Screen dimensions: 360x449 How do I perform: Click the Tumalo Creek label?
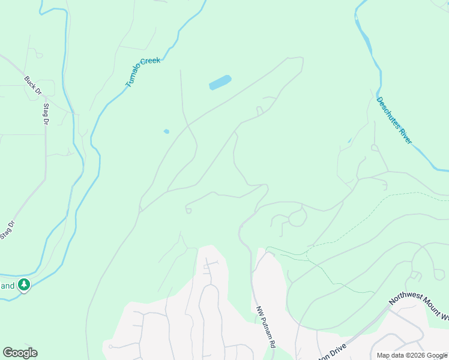(x=143, y=73)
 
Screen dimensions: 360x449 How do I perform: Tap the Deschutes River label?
(x=394, y=120)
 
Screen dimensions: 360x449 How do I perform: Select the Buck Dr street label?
(x=33, y=86)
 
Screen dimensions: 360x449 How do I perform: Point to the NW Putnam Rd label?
(x=265, y=326)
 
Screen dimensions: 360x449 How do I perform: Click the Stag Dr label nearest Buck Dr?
(x=46, y=114)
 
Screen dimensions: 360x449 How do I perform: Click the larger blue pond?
(x=220, y=83)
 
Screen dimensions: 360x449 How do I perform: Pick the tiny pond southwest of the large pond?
(x=166, y=131)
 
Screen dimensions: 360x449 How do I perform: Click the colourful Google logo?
(x=20, y=353)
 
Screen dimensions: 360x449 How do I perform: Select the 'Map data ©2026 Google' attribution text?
(x=412, y=355)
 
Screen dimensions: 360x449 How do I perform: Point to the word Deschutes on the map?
(x=387, y=112)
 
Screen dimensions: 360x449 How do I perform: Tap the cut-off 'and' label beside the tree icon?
(x=7, y=286)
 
